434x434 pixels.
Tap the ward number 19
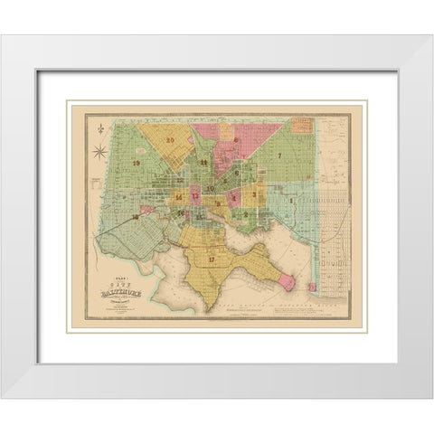click(137, 163)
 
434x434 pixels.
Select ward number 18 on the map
click(135, 217)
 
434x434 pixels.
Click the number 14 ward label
click(179, 196)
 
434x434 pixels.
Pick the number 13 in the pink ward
click(195, 195)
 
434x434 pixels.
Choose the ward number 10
click(209, 188)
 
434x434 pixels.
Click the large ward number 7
click(280, 156)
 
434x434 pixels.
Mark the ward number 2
click(245, 213)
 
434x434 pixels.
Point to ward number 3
click(256, 193)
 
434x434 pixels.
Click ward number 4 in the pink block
click(234, 195)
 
